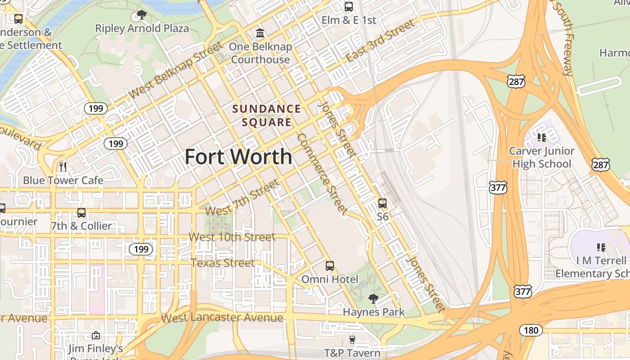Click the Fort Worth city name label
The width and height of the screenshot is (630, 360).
click(x=238, y=157)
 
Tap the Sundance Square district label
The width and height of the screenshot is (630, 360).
click(x=266, y=115)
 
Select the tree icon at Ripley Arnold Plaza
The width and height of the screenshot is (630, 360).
click(x=142, y=15)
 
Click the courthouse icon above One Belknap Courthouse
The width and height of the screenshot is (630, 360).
click(x=260, y=33)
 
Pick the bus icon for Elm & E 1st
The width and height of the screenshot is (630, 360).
click(x=349, y=6)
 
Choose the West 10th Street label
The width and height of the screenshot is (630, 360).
click(x=232, y=237)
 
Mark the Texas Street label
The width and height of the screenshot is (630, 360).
click(x=223, y=262)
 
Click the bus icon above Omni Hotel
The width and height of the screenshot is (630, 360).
click(x=330, y=265)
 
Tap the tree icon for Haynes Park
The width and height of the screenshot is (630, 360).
click(x=373, y=298)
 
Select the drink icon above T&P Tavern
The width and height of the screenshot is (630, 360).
click(x=352, y=339)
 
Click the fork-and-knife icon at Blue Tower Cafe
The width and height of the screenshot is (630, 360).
click(x=63, y=167)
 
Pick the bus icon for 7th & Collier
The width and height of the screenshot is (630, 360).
click(x=81, y=212)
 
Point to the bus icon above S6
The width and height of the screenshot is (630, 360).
click(x=382, y=203)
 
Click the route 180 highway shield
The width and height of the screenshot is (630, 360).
click(x=531, y=330)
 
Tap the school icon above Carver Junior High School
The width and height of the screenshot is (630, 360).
click(x=541, y=137)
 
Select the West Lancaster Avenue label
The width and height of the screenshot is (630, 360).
click(x=222, y=318)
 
